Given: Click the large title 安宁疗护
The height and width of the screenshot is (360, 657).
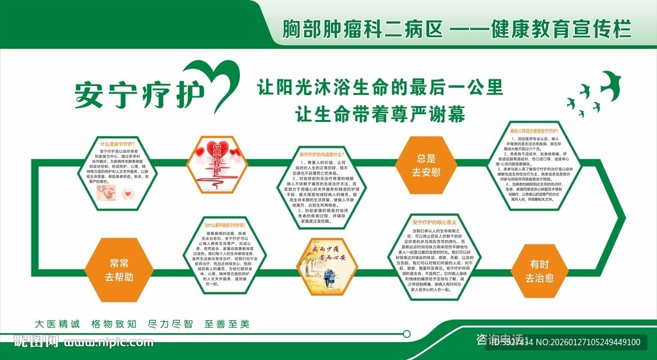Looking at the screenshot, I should pos(139,94).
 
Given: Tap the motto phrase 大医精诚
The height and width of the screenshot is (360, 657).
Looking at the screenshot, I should pos(58,324).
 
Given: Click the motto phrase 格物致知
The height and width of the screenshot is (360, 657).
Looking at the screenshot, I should pos(113,324).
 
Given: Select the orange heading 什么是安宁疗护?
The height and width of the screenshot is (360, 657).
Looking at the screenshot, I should pos(116,144).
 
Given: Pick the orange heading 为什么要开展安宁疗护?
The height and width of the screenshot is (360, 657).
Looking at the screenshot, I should pos(225,226).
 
